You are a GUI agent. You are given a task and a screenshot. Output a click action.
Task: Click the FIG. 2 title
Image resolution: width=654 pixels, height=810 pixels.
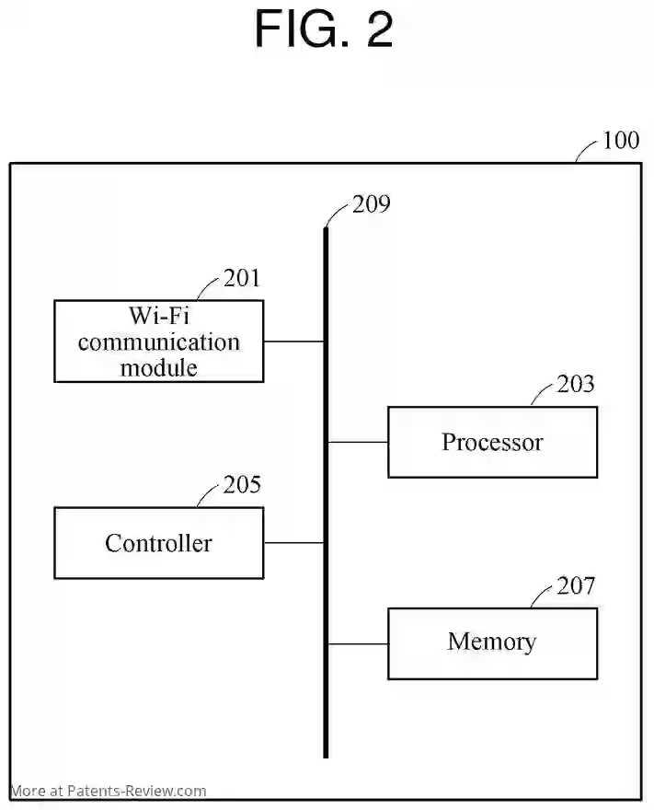pos(324,29)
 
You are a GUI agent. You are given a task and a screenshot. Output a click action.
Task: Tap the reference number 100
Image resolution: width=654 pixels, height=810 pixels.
pos(620,141)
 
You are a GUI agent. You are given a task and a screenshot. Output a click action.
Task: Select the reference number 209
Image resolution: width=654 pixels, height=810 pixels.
pos(371,203)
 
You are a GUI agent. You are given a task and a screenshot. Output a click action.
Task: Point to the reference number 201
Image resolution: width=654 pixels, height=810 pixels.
pos(242,278)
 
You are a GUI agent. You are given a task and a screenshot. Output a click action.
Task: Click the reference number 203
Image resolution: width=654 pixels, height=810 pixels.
pos(576,384)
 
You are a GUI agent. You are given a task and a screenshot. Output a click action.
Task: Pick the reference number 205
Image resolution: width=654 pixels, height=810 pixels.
pos(242,485)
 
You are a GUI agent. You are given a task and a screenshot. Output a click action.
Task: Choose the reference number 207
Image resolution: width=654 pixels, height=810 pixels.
pos(576,585)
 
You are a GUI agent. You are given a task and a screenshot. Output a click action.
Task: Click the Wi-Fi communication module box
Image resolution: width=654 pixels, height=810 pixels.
pos(159,341)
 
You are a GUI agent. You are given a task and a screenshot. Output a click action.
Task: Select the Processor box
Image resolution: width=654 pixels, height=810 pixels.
pos(492,442)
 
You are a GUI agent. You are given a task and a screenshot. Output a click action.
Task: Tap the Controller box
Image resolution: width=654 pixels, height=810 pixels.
pos(159,543)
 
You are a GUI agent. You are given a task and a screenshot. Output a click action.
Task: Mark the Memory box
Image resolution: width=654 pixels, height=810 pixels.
pos(492,642)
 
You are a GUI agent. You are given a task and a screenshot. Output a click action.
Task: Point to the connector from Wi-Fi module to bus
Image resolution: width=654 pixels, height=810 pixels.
pos(293,341)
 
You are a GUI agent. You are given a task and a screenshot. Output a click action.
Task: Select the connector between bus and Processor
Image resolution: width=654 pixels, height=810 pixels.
pos(358,442)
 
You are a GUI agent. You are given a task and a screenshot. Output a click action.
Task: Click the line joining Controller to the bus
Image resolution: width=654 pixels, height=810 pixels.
pos(293,543)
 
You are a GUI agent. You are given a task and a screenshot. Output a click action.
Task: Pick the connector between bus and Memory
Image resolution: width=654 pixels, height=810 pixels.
pos(358,643)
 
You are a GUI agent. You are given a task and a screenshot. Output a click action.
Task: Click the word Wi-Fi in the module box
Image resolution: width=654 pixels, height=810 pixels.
pos(159,316)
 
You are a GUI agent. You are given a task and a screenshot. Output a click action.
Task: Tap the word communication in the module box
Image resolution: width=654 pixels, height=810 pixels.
pos(159,342)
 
